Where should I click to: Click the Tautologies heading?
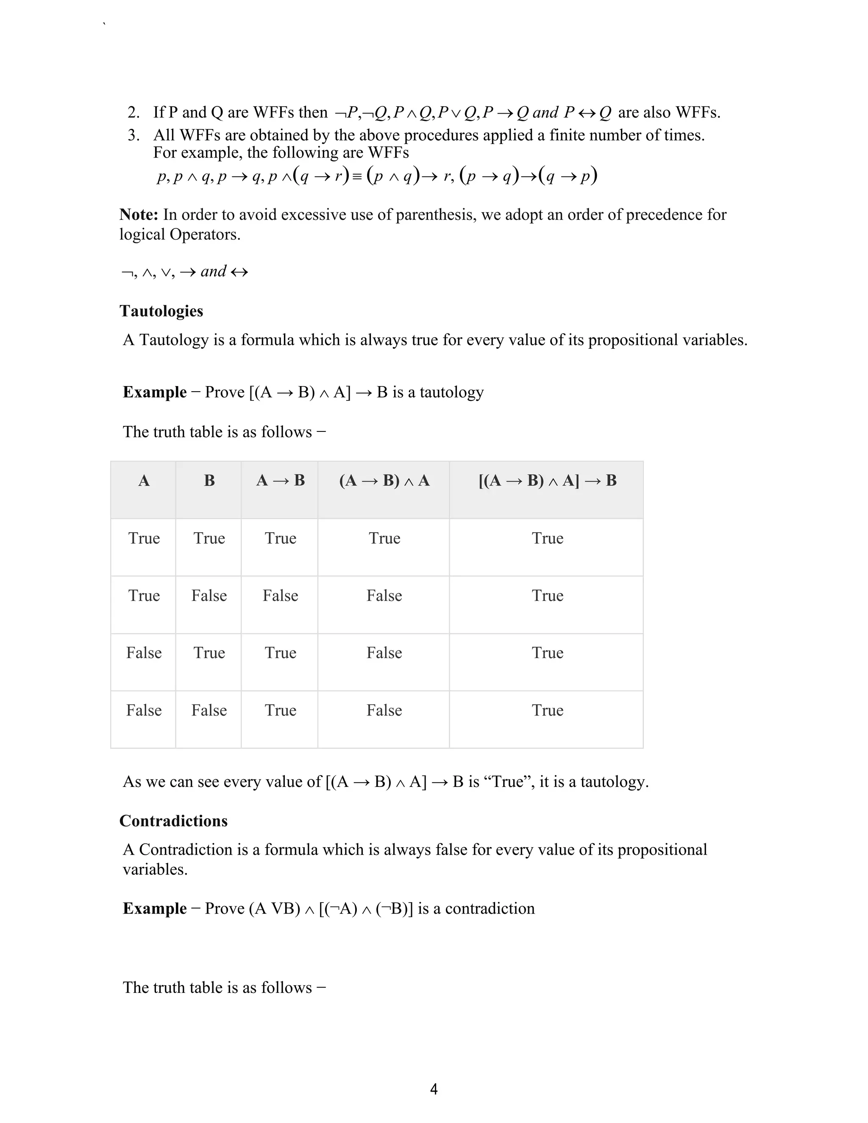coord(161,311)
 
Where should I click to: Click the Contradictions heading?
coord(173,821)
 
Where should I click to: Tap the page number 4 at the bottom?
coord(434,1089)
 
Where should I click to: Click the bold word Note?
coord(139,214)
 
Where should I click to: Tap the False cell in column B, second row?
coord(209,595)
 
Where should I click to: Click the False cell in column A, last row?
coord(144,710)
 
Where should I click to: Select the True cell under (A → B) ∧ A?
coord(384,538)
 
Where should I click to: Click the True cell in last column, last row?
coord(547,710)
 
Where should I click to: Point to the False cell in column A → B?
coord(280,595)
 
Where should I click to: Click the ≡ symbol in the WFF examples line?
coord(357,177)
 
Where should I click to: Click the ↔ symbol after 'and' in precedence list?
coord(239,272)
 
